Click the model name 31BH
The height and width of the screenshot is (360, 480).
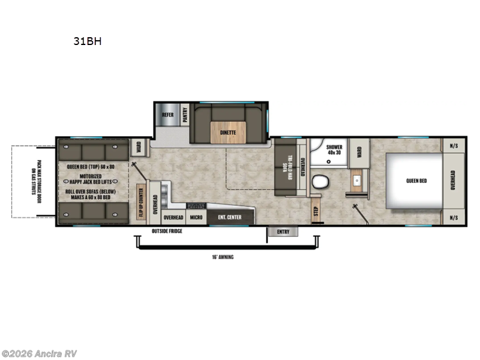coord(83,43)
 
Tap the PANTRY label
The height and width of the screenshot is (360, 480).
coord(185,115)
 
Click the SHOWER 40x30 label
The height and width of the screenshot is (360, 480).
coord(334,149)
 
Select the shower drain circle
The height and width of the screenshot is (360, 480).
coord(328,161)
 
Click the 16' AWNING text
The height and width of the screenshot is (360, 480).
coord(222,257)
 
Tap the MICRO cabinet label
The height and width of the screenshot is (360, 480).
coord(196,217)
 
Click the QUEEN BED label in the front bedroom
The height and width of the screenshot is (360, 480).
coord(416,181)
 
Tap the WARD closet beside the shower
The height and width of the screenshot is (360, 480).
coord(359,154)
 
